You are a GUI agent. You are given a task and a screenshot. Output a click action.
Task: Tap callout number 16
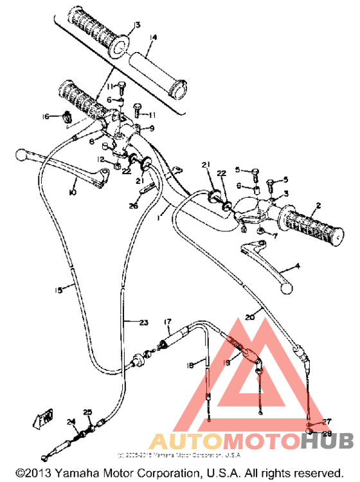[x=46, y=116]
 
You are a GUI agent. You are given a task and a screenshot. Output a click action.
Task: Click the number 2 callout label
[x=317, y=206]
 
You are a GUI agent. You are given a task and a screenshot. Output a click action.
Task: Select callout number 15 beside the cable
[x=59, y=290]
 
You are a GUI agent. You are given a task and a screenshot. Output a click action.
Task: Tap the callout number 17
[x=168, y=321]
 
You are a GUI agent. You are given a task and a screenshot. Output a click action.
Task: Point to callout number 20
[x=251, y=316]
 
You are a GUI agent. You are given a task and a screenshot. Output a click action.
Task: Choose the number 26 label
[x=133, y=206]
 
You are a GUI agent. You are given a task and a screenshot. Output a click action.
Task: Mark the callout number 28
[x=326, y=434]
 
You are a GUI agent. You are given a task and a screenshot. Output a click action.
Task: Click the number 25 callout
[x=88, y=413]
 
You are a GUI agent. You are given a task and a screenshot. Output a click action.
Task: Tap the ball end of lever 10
[x=20, y=154]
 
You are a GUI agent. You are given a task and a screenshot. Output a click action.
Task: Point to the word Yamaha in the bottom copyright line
[x=73, y=473]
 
